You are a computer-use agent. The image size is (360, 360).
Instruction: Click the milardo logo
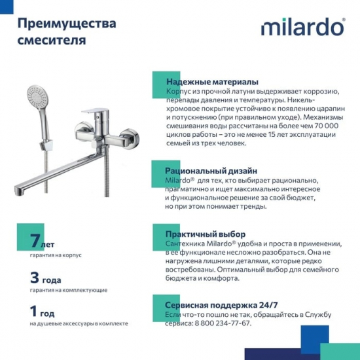pos(302,27)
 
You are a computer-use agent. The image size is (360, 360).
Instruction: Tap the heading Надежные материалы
pos(211,82)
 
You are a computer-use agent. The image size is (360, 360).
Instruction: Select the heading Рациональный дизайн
pos(211,171)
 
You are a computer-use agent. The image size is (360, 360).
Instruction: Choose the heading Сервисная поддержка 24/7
pos(221,305)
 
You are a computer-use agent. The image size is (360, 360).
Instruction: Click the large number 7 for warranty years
pos(36,242)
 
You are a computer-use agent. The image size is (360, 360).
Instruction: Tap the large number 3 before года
pos(35,276)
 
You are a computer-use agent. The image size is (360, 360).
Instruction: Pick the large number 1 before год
pos(34,310)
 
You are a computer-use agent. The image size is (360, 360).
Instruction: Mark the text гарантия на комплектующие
pos(68,289)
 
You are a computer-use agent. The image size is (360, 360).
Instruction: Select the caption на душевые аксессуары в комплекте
pos(79,323)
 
